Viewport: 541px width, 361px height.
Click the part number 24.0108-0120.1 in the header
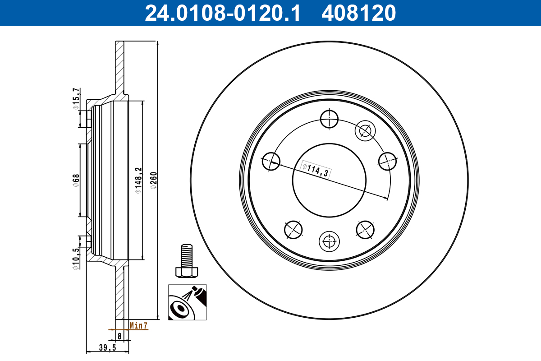(222, 13)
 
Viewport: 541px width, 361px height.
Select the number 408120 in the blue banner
(358, 13)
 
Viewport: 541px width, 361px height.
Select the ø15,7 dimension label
(76, 99)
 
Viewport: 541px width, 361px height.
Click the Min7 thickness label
(138, 325)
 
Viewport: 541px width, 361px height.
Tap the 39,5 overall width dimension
(107, 347)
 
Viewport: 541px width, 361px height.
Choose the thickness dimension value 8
(119, 336)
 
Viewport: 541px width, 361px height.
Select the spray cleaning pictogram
(187, 302)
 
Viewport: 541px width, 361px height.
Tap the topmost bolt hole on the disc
(329, 120)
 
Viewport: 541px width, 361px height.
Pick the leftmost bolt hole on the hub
(271, 160)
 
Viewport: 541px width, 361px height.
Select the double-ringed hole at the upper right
(364, 131)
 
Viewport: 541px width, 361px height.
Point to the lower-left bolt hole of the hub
(293, 229)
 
